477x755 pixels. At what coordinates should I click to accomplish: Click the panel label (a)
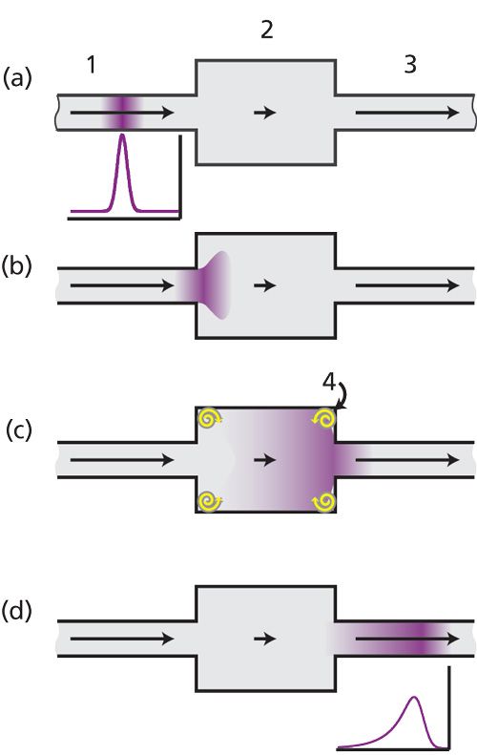click(17, 77)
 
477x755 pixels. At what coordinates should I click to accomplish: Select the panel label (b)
click(17, 265)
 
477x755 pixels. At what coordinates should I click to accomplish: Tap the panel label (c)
click(19, 430)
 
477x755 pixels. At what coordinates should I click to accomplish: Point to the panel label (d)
click(17, 611)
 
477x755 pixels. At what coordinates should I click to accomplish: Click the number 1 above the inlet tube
click(92, 64)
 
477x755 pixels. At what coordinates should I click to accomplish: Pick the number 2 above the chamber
click(267, 29)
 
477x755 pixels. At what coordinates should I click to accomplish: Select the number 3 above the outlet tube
click(409, 64)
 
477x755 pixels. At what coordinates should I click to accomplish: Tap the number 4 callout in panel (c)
click(329, 382)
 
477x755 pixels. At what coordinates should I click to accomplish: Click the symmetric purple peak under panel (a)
click(124, 174)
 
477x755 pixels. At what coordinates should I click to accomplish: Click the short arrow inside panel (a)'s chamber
click(264, 113)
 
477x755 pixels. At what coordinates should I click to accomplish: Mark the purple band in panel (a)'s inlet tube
click(124, 113)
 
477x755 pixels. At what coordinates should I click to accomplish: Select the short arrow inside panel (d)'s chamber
click(264, 639)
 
